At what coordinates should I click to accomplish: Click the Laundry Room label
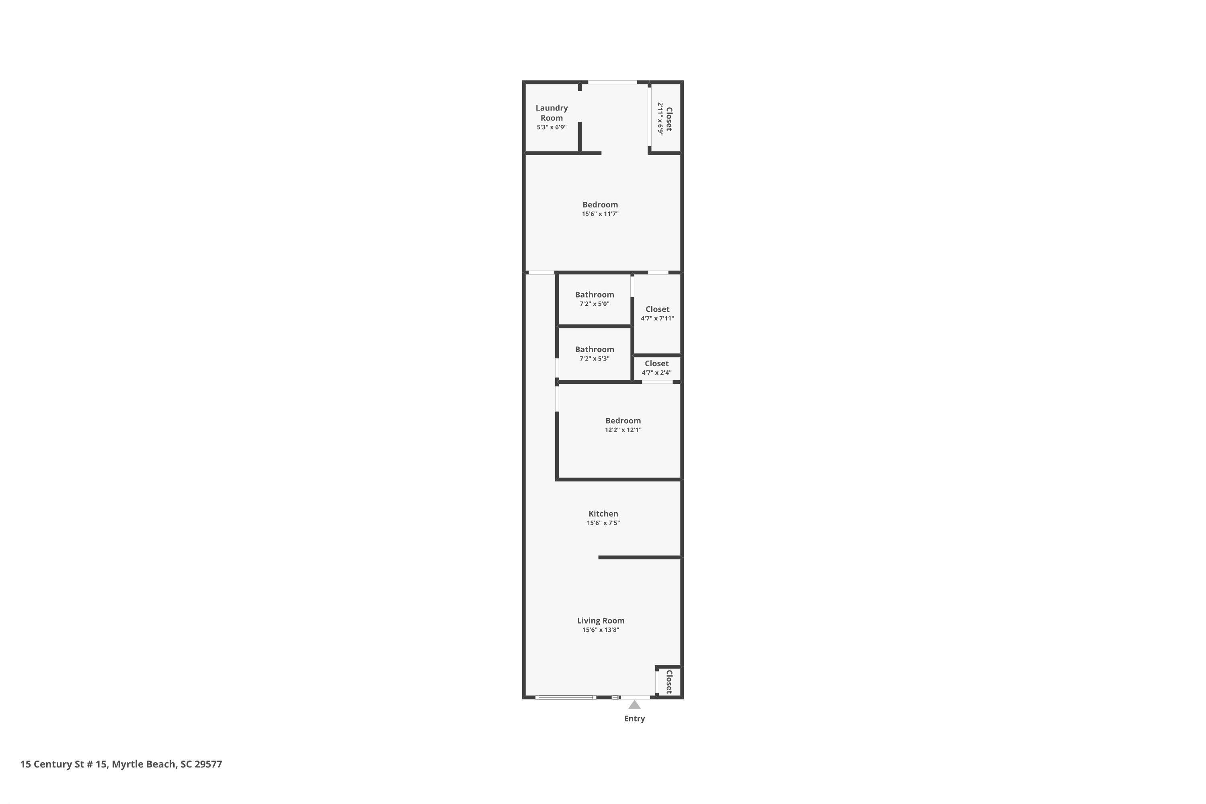552,113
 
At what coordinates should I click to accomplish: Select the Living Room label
601,620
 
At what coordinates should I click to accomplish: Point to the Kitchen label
603,513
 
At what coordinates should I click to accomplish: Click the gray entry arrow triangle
635,705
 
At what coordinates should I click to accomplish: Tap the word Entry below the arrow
634,719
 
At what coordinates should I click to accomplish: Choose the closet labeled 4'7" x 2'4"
657,368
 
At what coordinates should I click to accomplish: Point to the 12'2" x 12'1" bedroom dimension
623,430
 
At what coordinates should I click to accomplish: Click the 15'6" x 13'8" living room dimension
601,630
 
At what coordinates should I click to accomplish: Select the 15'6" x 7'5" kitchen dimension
603,523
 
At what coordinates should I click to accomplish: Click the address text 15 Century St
64,764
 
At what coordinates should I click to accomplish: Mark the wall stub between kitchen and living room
640,557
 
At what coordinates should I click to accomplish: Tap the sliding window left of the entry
566,697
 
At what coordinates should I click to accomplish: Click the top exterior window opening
612,82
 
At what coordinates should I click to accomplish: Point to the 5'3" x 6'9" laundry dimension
552,127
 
